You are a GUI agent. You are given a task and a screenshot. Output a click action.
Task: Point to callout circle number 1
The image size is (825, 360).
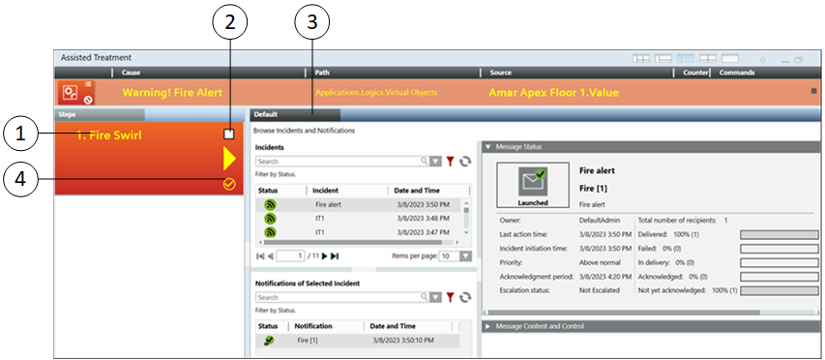click(x=20, y=135)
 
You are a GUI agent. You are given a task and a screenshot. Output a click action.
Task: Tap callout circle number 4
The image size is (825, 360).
click(x=20, y=179)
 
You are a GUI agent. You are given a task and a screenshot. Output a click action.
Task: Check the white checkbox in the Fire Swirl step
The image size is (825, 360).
click(x=229, y=135)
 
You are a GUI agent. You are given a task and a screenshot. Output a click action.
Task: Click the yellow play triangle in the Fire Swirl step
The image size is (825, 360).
click(x=229, y=159)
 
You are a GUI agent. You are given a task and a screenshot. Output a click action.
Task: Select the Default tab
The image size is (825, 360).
click(x=294, y=114)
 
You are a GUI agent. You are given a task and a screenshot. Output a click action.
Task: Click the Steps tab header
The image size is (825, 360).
click(x=100, y=114)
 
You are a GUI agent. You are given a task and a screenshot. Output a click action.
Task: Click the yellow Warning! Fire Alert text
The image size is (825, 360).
click(x=172, y=93)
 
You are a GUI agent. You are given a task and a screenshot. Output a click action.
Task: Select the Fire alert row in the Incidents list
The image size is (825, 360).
click(x=358, y=205)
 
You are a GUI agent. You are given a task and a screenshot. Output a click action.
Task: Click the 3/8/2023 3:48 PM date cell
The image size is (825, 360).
click(x=423, y=219)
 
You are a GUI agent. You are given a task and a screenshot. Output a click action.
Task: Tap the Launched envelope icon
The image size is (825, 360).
click(x=533, y=181)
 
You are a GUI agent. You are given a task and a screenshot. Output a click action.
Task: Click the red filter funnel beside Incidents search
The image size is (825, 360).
click(x=450, y=162)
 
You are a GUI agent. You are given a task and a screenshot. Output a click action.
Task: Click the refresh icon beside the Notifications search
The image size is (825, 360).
click(x=465, y=298)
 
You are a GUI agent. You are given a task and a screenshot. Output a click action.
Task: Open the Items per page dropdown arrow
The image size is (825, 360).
click(x=465, y=256)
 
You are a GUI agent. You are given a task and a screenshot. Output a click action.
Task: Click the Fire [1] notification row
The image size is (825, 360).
click(x=358, y=341)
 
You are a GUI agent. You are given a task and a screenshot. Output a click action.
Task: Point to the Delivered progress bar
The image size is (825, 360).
click(x=780, y=235)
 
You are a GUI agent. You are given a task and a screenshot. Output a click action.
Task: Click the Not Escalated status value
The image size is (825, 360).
click(x=600, y=290)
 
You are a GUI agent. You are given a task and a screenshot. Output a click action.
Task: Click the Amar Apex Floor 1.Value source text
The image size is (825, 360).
click(x=553, y=93)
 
